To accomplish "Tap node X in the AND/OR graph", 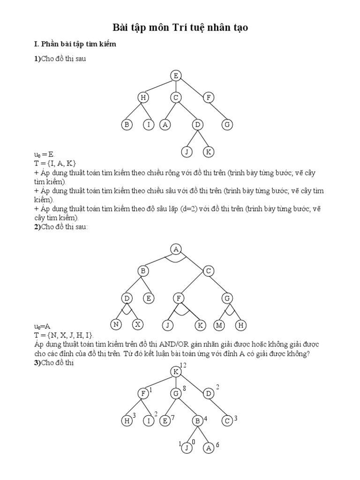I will pyautogui.click(x=137, y=324).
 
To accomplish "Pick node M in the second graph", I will pyautogui.click(x=218, y=324).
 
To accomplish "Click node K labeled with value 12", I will pyautogui.click(x=176, y=371).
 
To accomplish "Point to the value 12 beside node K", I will pyautogui.click(x=184, y=365).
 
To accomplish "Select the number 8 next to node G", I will pyautogui.click(x=185, y=388).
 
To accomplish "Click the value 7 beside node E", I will pyautogui.click(x=172, y=418).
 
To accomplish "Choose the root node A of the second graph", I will pyautogui.click(x=176, y=249).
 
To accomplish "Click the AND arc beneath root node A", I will pyautogui.click(x=176, y=259).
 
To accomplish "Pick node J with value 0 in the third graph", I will pyautogui.click(x=187, y=448).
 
